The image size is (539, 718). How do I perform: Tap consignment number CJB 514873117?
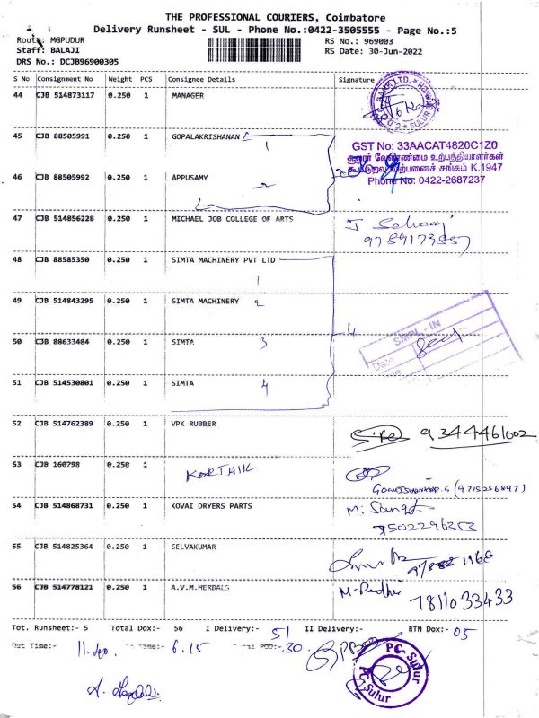coord(65,95)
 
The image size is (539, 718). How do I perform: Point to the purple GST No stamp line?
coord(425,144)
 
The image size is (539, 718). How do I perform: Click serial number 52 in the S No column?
coord(18,423)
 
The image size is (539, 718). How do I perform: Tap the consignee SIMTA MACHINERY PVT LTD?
coord(222,259)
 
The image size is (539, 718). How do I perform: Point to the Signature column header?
coord(356,79)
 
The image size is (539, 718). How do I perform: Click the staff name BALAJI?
coord(53,51)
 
